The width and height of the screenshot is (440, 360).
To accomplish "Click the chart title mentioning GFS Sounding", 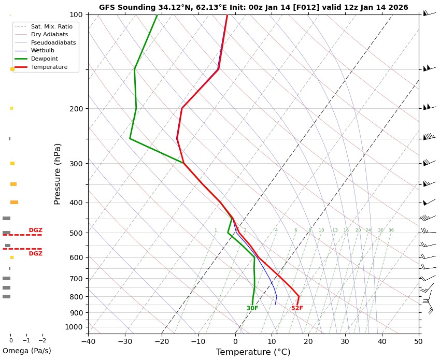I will pos(253,8).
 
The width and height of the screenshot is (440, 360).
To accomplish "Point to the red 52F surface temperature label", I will pos(297,309).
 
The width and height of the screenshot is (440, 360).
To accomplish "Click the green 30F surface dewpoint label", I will pos(252,309).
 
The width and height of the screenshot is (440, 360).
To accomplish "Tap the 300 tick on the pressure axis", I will pos(76,164).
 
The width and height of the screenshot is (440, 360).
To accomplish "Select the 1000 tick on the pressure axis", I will pos(74,327).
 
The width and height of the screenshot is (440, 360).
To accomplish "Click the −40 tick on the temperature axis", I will pos(88,341).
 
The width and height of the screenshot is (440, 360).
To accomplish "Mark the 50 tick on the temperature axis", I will pos(419,341).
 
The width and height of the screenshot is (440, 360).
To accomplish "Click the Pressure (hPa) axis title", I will pos(58,174).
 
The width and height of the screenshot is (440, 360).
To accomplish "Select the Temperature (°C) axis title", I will pos(253,352).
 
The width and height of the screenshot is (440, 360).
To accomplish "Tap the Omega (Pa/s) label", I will pos(27,351).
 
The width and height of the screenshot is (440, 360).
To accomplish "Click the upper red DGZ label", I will pos(35,231).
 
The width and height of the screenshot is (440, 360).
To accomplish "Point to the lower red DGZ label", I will pos(35,254).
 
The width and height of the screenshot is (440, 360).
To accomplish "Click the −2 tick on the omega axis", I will pos(42,340).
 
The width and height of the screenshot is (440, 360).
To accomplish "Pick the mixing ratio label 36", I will pos(391,231).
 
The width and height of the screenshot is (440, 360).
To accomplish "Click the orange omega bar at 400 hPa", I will pos(14,203).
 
